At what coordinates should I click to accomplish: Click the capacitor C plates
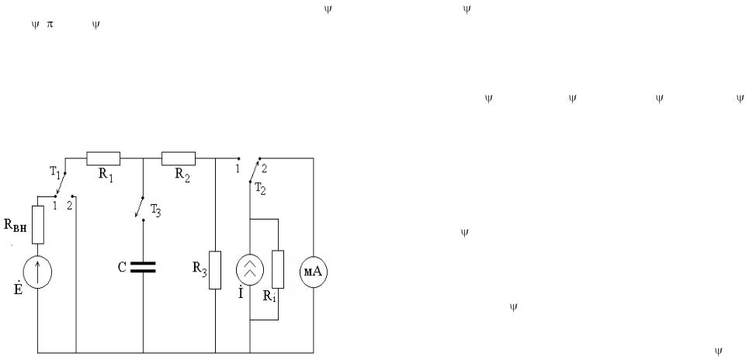143,267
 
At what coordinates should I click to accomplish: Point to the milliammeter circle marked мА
314,272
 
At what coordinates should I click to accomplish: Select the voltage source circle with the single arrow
37,272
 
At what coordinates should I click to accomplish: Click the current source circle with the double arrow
250,270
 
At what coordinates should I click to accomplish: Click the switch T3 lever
139,207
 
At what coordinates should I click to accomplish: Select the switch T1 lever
61,184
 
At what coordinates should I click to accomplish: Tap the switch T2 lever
255,169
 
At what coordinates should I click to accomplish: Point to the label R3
200,268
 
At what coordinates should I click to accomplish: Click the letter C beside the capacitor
122,268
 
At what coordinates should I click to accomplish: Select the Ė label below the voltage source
18,289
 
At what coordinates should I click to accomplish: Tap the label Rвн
16,226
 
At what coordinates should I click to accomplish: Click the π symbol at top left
50,25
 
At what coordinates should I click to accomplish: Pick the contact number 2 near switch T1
70,206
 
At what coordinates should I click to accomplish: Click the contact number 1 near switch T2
237,168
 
